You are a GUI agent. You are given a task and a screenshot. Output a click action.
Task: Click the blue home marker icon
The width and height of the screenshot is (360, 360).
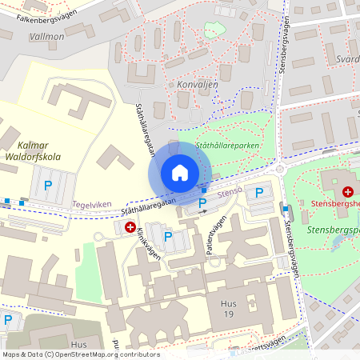(180, 173)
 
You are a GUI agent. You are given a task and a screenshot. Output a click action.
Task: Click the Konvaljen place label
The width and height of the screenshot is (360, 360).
(185, 83)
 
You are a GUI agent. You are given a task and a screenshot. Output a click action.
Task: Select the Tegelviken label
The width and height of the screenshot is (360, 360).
(93, 204)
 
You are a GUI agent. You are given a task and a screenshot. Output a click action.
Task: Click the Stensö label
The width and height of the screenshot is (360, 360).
(230, 192)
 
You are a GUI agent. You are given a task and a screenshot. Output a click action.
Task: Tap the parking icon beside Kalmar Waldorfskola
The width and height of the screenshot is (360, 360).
(47, 185)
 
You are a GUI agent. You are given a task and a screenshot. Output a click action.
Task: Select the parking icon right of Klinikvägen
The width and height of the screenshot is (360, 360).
(167, 236)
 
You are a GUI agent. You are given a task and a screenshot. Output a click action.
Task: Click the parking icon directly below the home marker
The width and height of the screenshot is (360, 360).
(202, 203)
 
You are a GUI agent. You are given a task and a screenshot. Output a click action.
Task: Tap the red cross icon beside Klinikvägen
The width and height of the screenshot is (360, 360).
(130, 228)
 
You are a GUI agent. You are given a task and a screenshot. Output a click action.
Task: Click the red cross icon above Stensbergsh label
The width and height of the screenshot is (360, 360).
(348, 192)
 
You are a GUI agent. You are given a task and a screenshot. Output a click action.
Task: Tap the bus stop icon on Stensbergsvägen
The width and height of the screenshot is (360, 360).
(285, 209)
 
